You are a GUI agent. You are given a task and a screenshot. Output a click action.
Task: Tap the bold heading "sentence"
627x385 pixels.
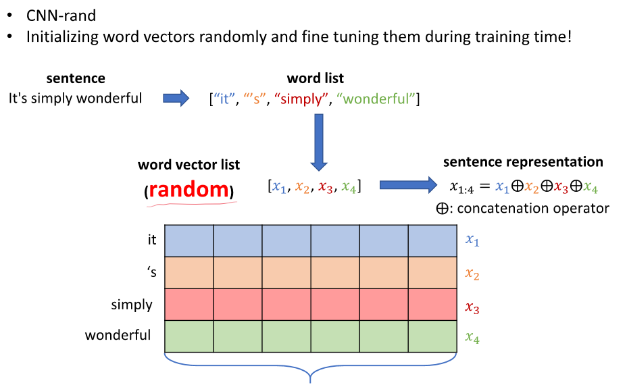coord(76,79)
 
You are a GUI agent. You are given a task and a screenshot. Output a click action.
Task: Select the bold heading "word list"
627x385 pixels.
coord(315,79)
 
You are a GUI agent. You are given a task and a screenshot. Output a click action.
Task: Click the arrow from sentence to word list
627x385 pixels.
coord(176,99)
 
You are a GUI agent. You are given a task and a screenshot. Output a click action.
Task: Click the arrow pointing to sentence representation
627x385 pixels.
coord(408,184)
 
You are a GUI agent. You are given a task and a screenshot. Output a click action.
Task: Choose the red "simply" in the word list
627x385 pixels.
coord(301,99)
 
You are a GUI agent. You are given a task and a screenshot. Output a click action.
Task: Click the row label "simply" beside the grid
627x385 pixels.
coord(132,305)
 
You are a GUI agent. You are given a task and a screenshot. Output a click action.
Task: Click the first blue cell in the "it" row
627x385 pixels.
coord(189,240)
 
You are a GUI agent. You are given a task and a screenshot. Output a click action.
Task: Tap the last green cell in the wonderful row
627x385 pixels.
coord(432,336)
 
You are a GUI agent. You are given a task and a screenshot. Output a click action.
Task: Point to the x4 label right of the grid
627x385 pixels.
coord(472,337)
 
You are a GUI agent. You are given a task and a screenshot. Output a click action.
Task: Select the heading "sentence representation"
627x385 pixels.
coord(523,162)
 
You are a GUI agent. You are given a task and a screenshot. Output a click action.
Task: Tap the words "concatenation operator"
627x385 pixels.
coord(533,208)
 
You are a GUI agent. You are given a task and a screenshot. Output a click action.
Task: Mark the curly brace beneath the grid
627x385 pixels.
coord(310,369)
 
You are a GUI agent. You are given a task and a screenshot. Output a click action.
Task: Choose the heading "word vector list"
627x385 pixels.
coord(189,165)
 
